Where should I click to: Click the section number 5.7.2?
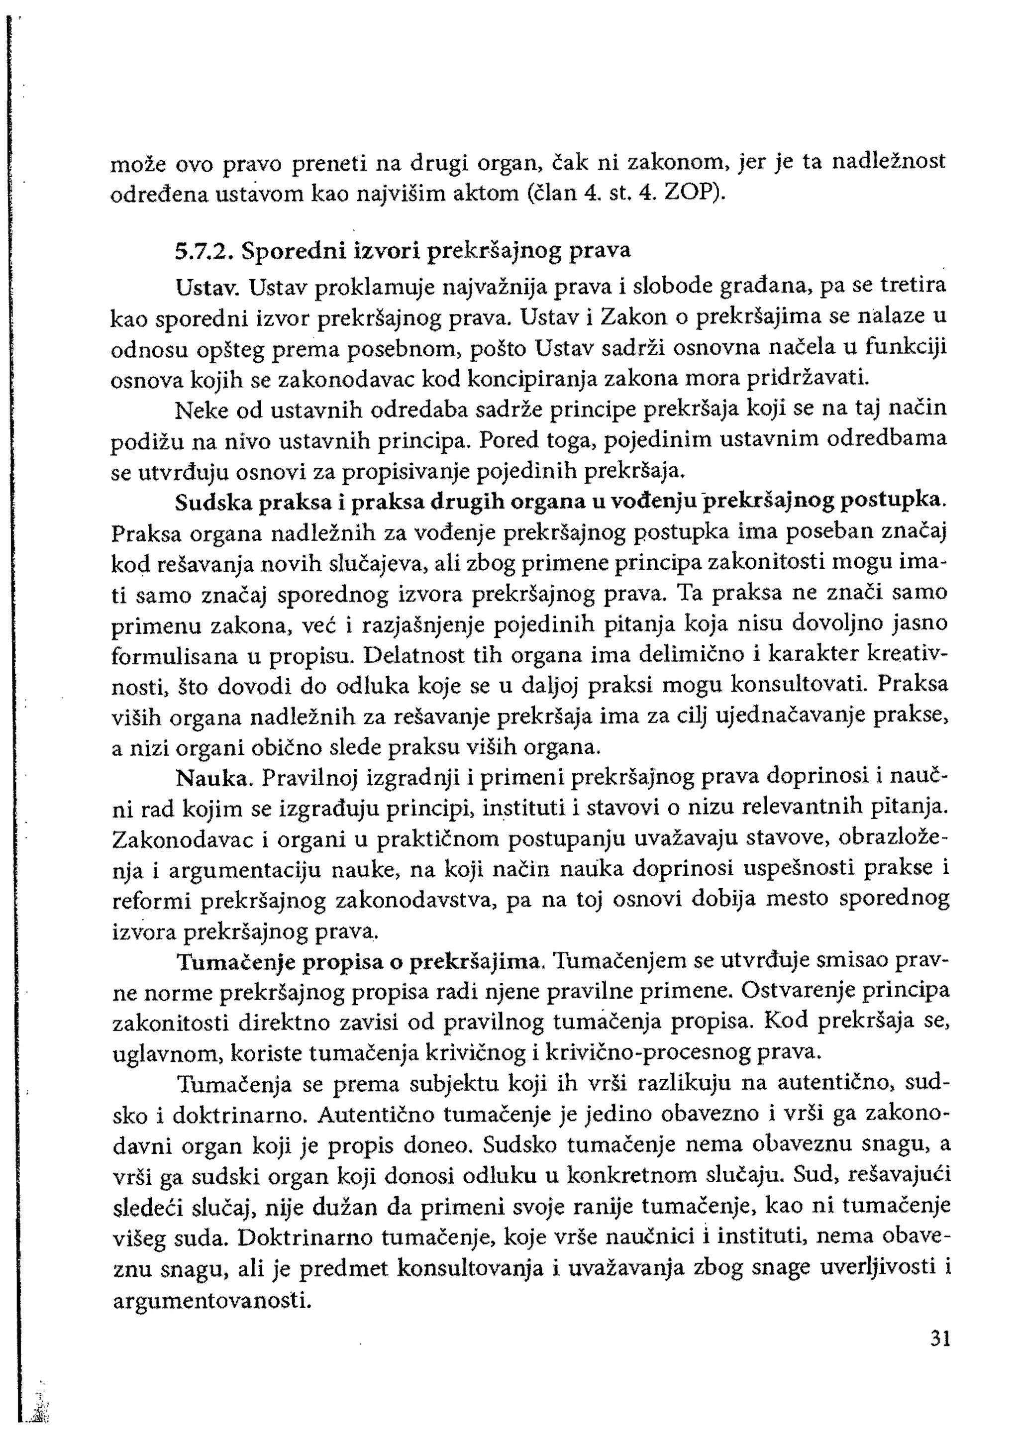[x=204, y=251]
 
